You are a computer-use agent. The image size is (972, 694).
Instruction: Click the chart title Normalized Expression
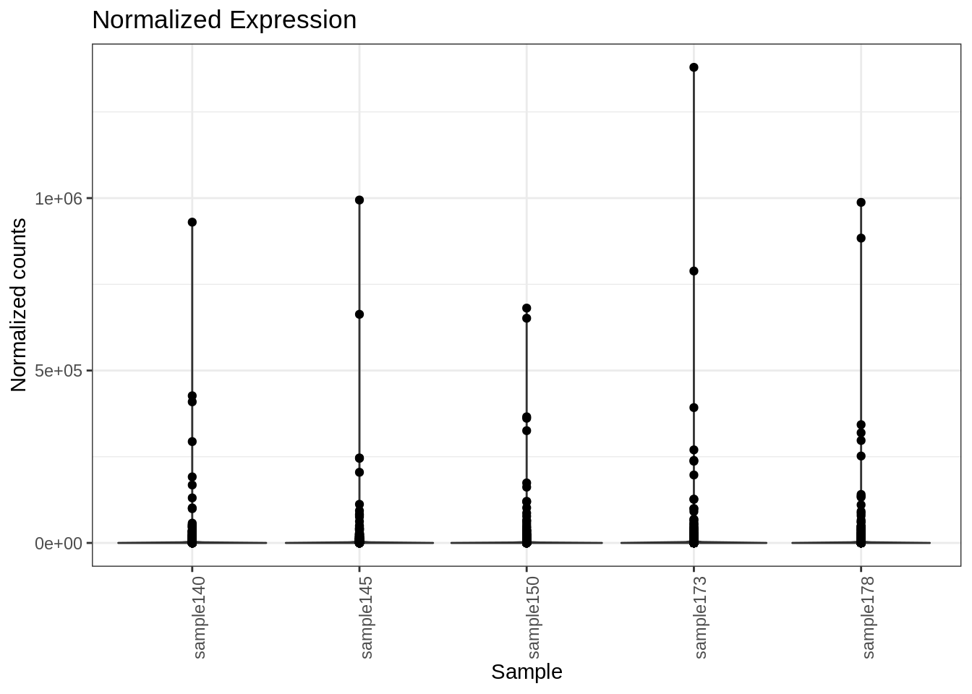point(224,20)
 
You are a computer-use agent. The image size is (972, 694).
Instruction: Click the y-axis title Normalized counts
point(19,305)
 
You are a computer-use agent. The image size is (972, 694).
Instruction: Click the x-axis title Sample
point(526,672)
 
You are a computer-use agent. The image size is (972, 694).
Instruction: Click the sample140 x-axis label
point(200,617)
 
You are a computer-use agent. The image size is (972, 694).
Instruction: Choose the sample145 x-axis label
point(367,617)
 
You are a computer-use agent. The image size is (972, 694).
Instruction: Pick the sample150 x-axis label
point(534,617)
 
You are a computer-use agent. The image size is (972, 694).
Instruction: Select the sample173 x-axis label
point(701,617)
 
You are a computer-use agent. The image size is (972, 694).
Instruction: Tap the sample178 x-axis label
point(868,617)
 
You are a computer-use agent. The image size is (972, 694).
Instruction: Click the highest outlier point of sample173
point(694,67)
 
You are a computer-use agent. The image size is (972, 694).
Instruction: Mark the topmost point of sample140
point(192,222)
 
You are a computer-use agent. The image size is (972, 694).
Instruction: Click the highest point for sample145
point(359,200)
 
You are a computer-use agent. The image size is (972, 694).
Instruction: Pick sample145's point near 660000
point(359,314)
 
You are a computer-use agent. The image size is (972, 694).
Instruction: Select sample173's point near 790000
point(694,271)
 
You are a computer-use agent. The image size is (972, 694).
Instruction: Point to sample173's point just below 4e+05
point(694,408)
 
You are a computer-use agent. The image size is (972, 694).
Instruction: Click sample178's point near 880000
point(861,238)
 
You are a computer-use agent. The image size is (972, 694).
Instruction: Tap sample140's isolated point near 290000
point(192,442)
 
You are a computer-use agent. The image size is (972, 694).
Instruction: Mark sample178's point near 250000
point(861,456)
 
